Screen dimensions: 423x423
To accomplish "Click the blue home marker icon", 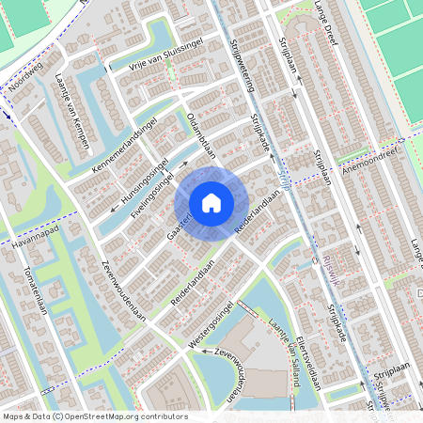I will [x=211, y=202].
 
